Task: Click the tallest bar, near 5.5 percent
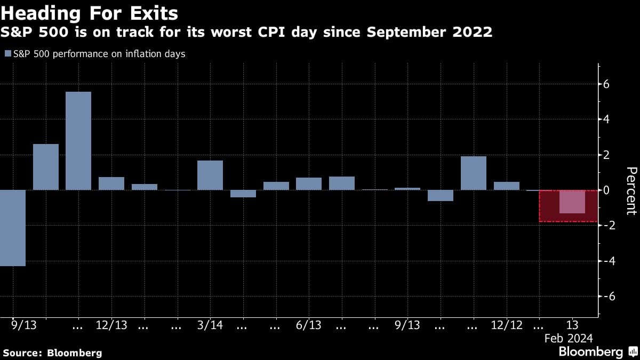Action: coord(78,141)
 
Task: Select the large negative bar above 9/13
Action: coord(13,228)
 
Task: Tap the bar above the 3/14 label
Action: coord(210,175)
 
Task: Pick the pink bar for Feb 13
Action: coord(572,202)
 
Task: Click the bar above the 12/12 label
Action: coord(507,186)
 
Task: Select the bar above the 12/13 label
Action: coord(111,183)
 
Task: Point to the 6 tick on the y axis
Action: coord(606,84)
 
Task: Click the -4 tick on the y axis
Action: coord(606,261)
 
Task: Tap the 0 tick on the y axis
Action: coord(606,190)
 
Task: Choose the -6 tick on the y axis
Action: coord(606,296)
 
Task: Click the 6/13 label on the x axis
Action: coord(309,325)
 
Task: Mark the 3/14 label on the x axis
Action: coord(210,325)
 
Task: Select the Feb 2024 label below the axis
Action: coord(568,338)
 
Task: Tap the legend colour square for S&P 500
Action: coord(7,54)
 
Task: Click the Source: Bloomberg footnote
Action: coord(52,353)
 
